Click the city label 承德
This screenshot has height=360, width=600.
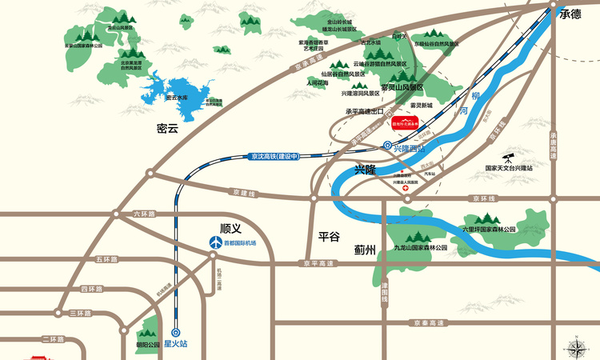pos(570,14)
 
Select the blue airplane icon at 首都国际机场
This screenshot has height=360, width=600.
pos(214,242)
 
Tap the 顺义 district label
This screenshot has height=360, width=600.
pos(230,227)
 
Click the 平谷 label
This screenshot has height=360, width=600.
pos(330,236)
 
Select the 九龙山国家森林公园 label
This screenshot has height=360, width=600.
pos(420,249)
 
